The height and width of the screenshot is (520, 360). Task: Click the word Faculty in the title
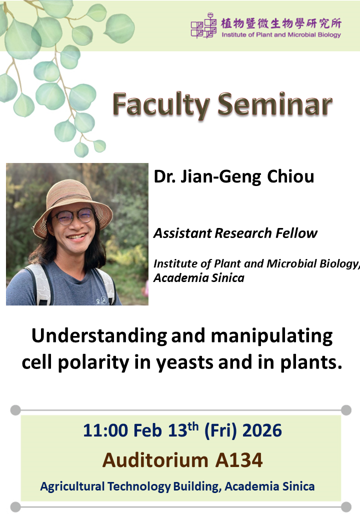coord(161,105)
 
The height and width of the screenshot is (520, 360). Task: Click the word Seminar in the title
coord(275,105)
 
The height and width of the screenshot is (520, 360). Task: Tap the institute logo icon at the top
coord(203,25)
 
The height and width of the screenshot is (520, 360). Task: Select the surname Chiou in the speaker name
coord(290,176)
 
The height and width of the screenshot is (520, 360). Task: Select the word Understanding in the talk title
coord(99,336)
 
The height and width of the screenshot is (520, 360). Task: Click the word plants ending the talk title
coord(311,362)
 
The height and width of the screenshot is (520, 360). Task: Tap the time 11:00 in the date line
coord(105,430)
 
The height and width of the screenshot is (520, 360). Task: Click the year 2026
coord(262,430)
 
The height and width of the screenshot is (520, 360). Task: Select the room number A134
coord(239,460)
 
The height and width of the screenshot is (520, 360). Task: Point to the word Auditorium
coord(155,460)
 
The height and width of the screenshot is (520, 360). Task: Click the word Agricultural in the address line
coord(72,486)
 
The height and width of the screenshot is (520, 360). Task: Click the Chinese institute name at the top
coord(281,23)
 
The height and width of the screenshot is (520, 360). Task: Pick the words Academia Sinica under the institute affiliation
coord(199,278)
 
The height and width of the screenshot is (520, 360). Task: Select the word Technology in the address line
coord(139,486)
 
